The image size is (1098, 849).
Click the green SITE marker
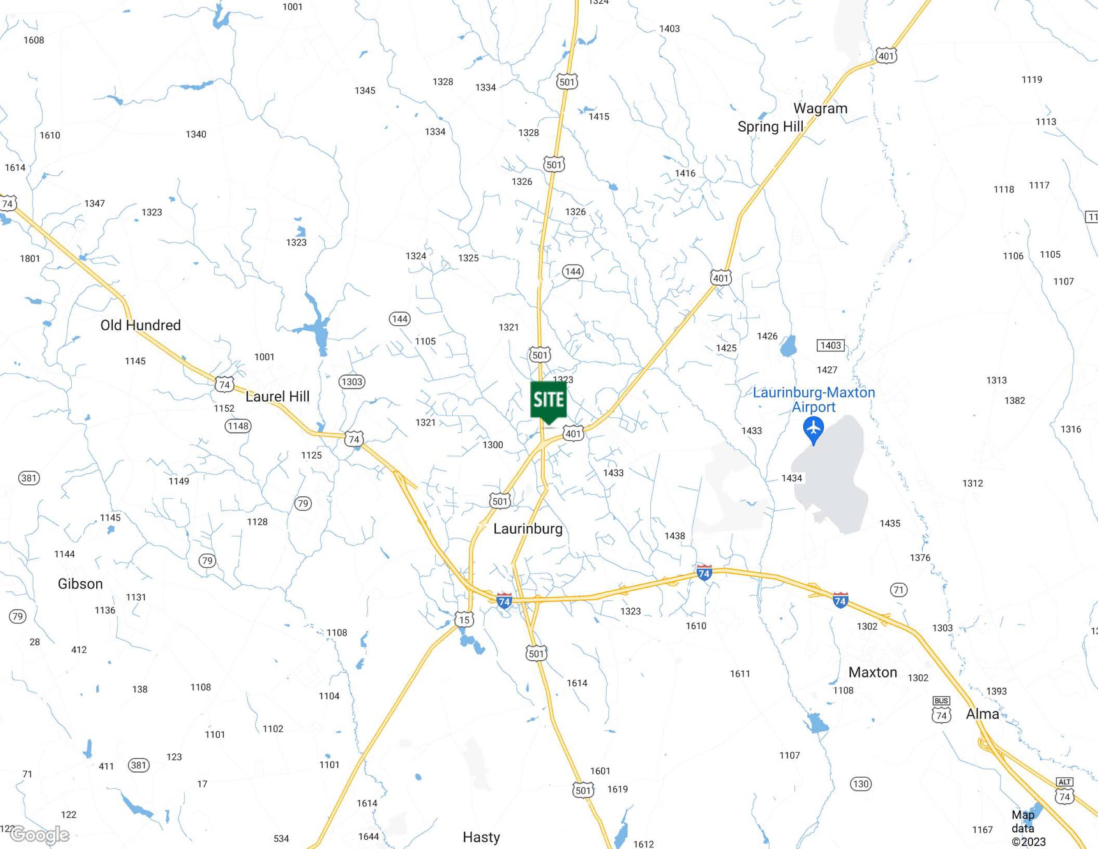coord(549,401)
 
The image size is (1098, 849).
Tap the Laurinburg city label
coord(528,529)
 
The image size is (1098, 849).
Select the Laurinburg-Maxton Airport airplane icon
coord(813,430)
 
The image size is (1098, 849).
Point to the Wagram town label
coord(820,108)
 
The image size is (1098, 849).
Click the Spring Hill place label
coord(770,127)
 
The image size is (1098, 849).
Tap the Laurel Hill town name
coord(277,396)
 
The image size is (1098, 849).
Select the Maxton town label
coord(872,672)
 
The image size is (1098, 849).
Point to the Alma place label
coord(982,714)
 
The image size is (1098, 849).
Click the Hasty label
coord(481,837)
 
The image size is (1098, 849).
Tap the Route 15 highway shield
coord(464,620)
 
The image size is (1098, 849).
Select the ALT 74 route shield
coord(1064,792)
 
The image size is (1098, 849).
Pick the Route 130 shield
coord(861,784)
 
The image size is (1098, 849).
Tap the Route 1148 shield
coord(238,426)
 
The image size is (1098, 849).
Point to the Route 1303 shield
coord(351,382)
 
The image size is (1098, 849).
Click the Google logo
coord(40,835)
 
